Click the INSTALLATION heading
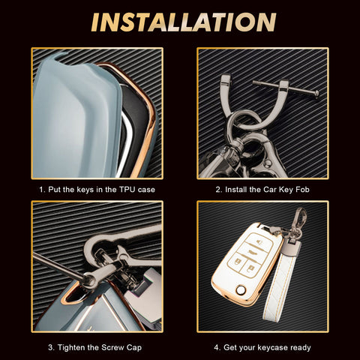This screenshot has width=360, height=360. tap(184, 22)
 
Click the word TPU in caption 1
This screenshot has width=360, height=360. tap(127, 190)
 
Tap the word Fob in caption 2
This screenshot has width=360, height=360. tap(302, 190)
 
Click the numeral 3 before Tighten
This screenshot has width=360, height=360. tap(50, 347)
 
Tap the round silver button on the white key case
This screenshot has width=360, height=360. tap(241, 290)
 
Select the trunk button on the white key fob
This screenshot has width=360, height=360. tap(252, 252)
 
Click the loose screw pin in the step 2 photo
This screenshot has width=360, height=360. tap(286, 88)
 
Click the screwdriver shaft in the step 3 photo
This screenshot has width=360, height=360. tap(58, 265)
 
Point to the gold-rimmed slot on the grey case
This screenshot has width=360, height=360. tap(73, 293)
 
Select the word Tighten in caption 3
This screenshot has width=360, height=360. tap(78, 347)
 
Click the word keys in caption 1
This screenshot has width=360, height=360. tap(85, 190)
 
